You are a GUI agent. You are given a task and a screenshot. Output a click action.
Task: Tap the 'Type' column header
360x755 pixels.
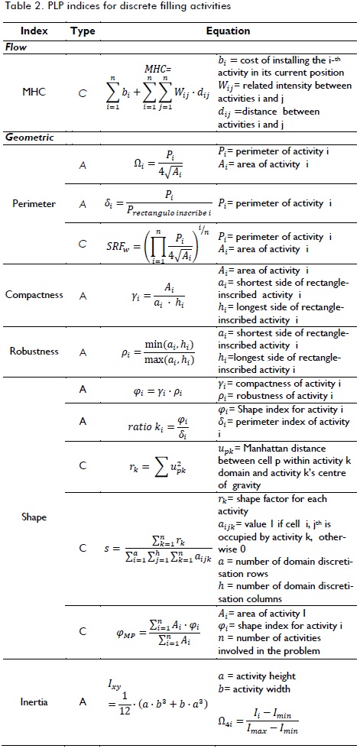coord(83,31)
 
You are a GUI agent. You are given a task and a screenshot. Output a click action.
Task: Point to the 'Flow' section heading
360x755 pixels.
coord(17,47)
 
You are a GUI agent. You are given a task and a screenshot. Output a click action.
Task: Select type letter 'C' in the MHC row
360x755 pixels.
coord(83,93)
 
